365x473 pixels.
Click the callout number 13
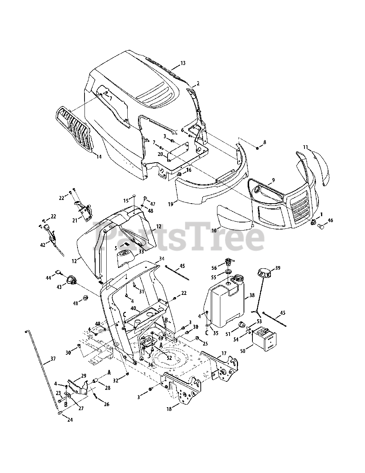coord(183,63)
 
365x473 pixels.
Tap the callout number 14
coord(99,157)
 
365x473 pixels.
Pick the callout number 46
coord(330,220)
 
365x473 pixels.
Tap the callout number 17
coord(224,354)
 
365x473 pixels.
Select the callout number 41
coord(76,303)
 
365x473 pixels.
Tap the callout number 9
coord(273,180)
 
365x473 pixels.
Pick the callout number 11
coord(305,147)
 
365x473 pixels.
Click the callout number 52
coord(169,358)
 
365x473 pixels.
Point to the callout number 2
coord(198,84)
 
